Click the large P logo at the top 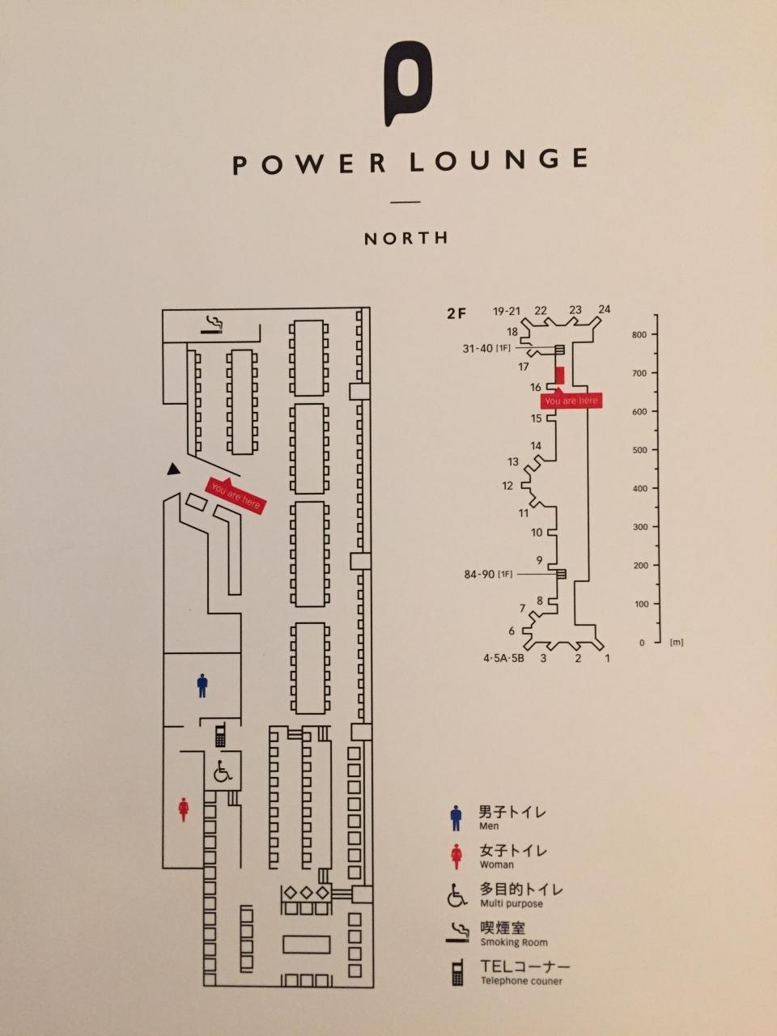tap(407, 83)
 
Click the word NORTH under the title tap(405, 238)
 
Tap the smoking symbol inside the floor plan tap(212, 325)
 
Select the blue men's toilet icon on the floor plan tap(202, 686)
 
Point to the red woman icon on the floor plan tap(184, 809)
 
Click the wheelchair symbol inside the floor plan tap(223, 772)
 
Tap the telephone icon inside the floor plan tap(220, 734)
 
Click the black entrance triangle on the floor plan tap(174, 469)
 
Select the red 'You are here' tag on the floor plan tap(236, 495)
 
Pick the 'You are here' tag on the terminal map tap(571, 401)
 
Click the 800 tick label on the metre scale tap(639, 334)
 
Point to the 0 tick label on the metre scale tap(642, 643)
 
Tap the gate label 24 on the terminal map tap(605, 310)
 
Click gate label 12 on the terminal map tap(507, 486)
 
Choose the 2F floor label tap(456, 313)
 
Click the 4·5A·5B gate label tap(503, 658)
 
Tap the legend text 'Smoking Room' tap(514, 942)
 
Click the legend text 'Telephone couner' tap(521, 981)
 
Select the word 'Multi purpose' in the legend tap(512, 904)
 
